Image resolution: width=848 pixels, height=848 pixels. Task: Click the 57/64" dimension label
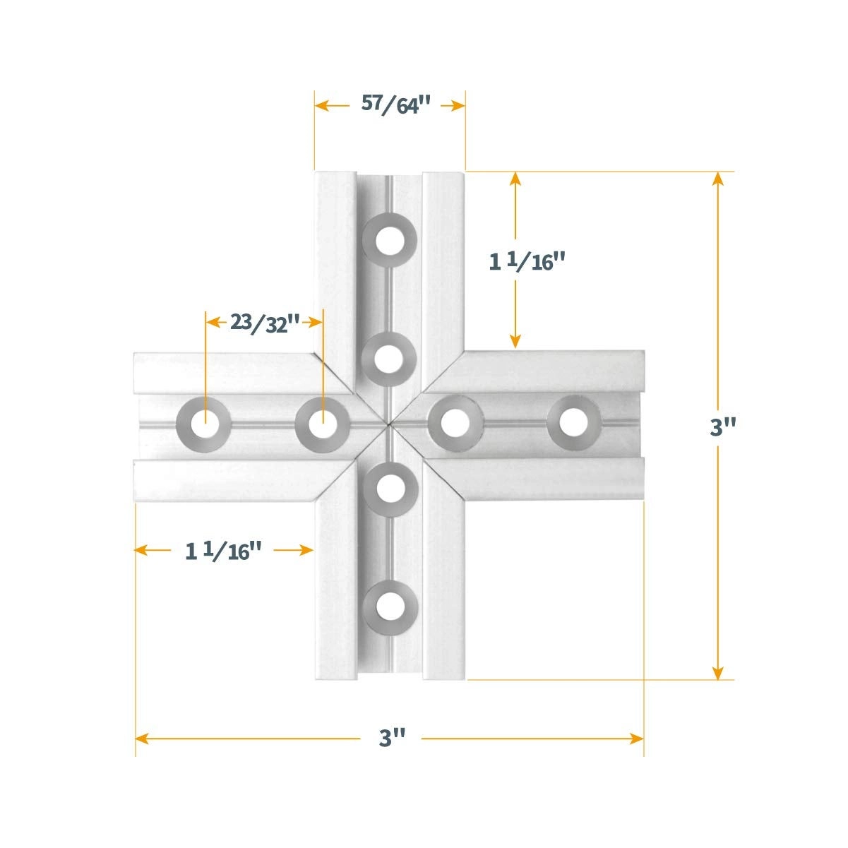395,105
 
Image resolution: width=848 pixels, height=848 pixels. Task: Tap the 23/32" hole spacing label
265,323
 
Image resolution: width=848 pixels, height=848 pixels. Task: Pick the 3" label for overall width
392,739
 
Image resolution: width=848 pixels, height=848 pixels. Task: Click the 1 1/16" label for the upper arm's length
528,262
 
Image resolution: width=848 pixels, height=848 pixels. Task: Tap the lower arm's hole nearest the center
388,487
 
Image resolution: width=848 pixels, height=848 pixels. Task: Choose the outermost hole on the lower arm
388,606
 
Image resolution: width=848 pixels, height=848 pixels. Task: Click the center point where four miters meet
388,423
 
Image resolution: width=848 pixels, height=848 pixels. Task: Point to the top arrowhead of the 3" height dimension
718,178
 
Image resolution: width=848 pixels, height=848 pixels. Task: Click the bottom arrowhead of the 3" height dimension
718,674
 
